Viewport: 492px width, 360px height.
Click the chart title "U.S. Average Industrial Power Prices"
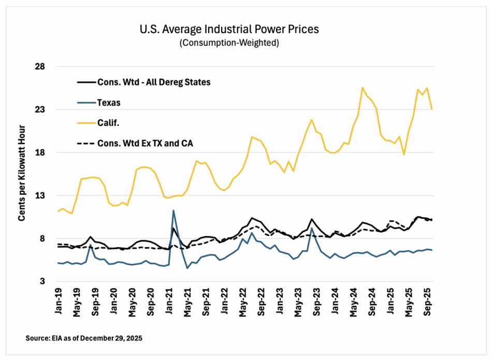click(x=229, y=29)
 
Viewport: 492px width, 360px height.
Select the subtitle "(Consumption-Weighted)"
click(x=229, y=42)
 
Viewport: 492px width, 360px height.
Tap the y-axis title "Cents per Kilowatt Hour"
click(x=22, y=174)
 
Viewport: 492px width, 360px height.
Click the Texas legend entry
click(x=108, y=103)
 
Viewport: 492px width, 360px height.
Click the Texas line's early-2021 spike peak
click(x=173, y=210)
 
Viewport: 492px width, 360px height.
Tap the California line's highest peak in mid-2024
click(x=363, y=88)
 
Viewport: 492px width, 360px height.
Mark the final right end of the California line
click(x=432, y=109)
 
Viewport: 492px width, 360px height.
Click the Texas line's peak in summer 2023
click(x=312, y=228)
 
